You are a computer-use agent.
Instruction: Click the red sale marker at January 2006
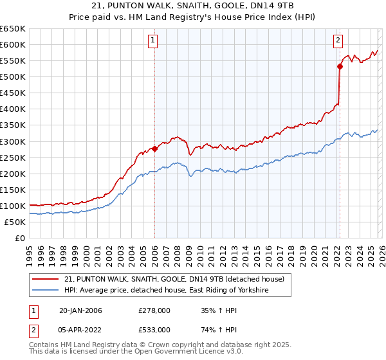click(154, 148)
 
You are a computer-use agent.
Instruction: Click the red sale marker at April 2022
click(339, 66)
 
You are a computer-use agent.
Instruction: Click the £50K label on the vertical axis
click(15, 222)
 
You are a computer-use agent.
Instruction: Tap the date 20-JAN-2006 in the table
click(80, 310)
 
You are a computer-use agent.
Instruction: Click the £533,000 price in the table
click(154, 330)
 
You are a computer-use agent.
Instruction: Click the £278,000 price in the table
click(154, 310)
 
